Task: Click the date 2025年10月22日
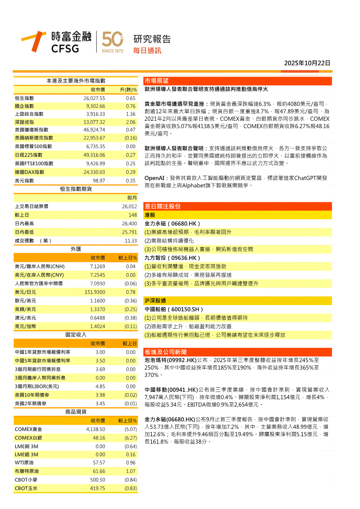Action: (307, 63)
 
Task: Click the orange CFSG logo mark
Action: (34, 42)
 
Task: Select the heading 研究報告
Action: (152, 39)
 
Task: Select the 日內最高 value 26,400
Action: (129, 224)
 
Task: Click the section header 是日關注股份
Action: (163, 206)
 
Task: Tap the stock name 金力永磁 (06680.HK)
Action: (172, 224)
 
